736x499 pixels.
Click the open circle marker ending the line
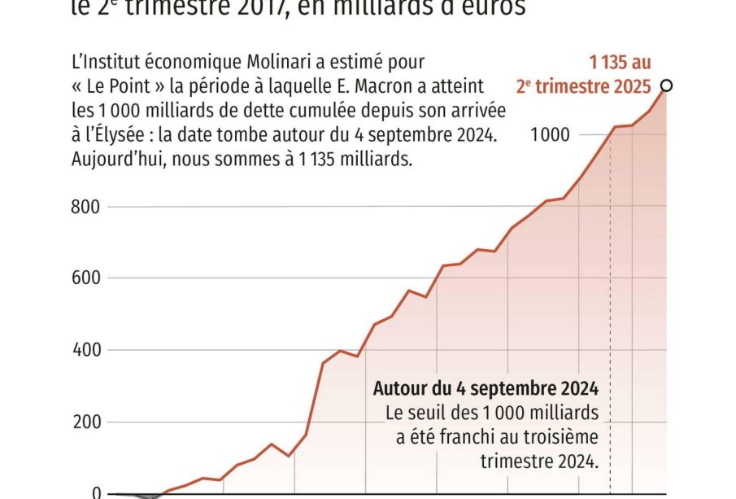click(x=667, y=85)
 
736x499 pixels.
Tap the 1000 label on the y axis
click(x=550, y=135)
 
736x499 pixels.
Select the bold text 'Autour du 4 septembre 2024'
click(x=486, y=387)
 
